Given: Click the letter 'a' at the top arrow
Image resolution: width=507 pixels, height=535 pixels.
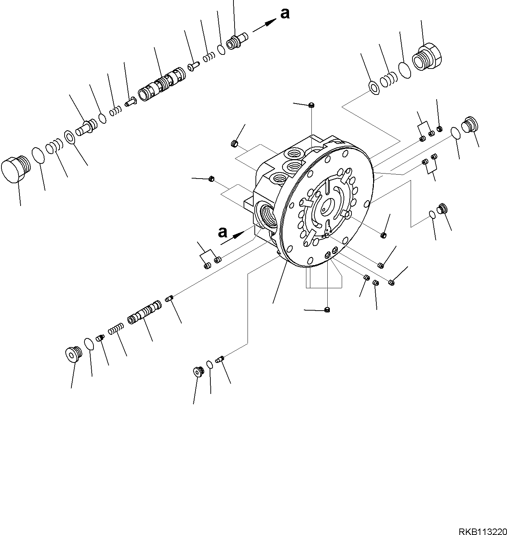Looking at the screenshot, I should [285, 14].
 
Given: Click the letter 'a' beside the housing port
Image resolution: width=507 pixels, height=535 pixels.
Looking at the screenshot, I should [223, 232].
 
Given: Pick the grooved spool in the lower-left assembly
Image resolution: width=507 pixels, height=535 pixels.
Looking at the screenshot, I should [144, 311].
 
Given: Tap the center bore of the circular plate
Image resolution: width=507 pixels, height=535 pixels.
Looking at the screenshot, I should [325, 207].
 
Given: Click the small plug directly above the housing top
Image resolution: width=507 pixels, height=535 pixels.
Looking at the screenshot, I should [311, 105].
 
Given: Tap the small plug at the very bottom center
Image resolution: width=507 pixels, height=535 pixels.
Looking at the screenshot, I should [327, 310].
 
